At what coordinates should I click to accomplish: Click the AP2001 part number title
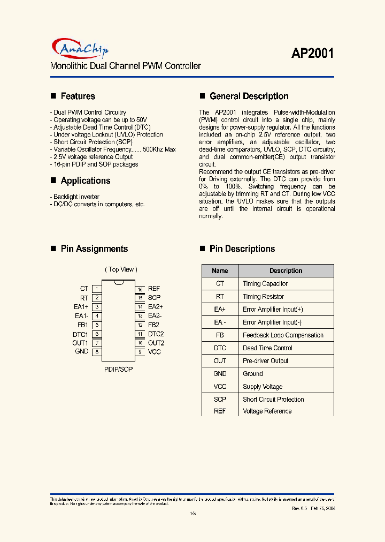click(x=312, y=54)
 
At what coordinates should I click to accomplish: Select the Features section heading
click(x=78, y=96)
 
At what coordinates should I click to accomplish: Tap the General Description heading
click(x=249, y=96)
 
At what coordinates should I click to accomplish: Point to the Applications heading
click(x=85, y=180)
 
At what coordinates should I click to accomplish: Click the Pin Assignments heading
click(x=94, y=249)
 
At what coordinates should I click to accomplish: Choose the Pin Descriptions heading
click(x=242, y=249)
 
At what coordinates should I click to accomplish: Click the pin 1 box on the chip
click(x=97, y=289)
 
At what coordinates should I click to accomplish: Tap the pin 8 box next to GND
click(x=97, y=352)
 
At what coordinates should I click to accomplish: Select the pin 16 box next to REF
click(x=140, y=289)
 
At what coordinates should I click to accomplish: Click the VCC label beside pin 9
click(x=154, y=352)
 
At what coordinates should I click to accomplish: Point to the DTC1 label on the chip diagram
click(x=80, y=334)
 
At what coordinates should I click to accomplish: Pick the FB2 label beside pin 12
click(x=153, y=325)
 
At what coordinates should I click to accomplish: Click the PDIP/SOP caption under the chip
click(x=118, y=370)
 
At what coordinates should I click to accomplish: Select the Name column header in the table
click(x=220, y=271)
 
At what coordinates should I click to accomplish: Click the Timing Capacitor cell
click(x=265, y=284)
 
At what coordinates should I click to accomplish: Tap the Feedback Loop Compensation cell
click(x=283, y=335)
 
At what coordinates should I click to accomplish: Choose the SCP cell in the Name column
click(x=220, y=400)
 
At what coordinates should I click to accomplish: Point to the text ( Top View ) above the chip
click(x=121, y=269)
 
